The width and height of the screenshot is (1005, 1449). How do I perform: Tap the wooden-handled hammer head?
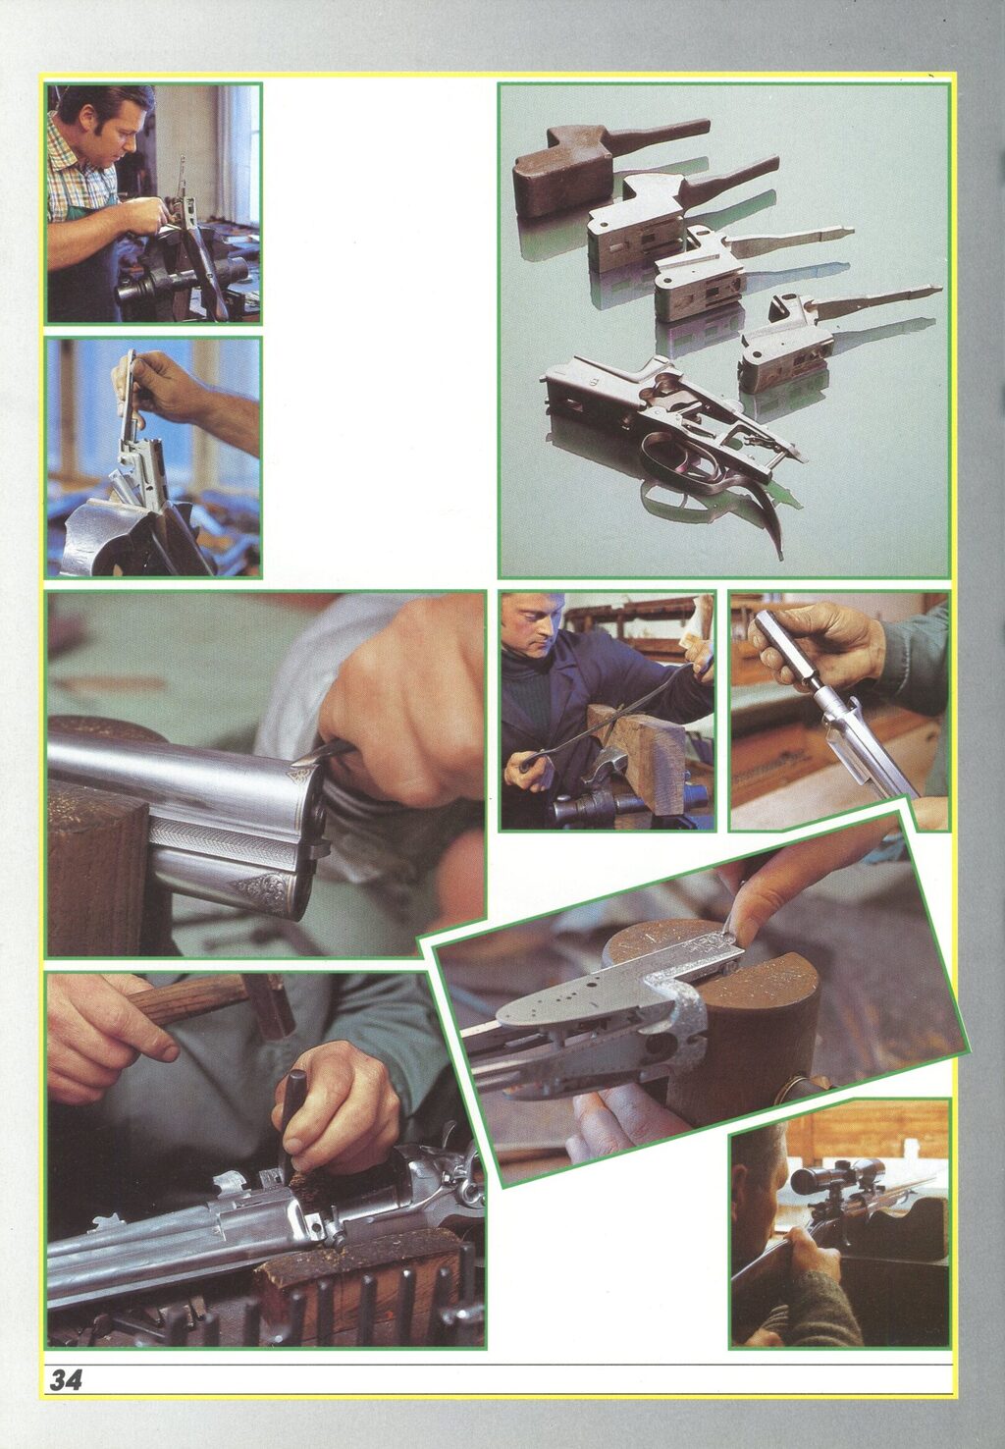tap(268, 1006)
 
